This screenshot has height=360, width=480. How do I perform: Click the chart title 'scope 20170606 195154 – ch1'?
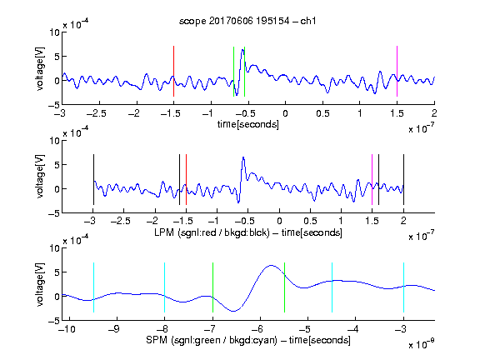point(247,21)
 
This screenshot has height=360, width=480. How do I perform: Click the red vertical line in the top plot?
point(173,72)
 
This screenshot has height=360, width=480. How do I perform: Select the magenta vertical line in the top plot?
point(397,72)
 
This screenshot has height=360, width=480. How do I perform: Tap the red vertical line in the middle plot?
point(186,180)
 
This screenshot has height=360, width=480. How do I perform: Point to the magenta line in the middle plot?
point(372,180)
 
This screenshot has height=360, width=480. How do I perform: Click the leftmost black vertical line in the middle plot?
point(93,180)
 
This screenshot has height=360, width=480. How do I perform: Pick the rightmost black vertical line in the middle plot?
point(403,180)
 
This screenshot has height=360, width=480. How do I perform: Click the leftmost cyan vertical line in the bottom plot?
point(93,287)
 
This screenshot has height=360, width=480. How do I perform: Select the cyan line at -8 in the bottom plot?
point(165,287)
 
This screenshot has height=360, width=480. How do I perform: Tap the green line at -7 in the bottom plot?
point(212,287)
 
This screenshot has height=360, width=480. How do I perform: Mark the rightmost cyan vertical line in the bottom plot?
point(403,287)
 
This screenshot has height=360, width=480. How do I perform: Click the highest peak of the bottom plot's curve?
point(271,265)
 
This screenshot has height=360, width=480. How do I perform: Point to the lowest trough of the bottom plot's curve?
point(233,311)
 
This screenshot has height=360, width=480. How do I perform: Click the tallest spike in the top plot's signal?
point(242,50)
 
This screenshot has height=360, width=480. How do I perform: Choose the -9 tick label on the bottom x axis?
point(114,329)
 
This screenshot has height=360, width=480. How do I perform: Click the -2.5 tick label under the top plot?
point(97,113)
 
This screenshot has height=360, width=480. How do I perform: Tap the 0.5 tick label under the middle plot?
point(310,221)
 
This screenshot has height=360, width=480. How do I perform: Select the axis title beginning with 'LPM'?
point(248,232)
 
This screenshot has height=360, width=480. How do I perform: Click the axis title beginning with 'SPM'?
point(248,340)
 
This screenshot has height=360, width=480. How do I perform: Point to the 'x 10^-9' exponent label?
point(421,344)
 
